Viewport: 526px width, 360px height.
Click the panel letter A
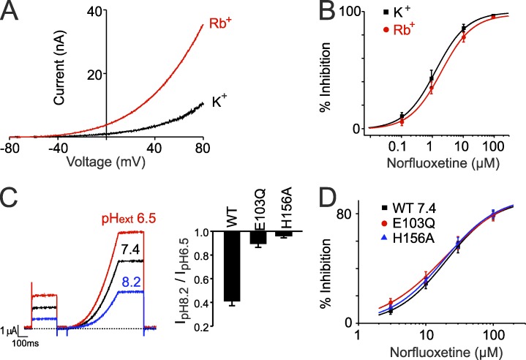click(14, 13)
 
